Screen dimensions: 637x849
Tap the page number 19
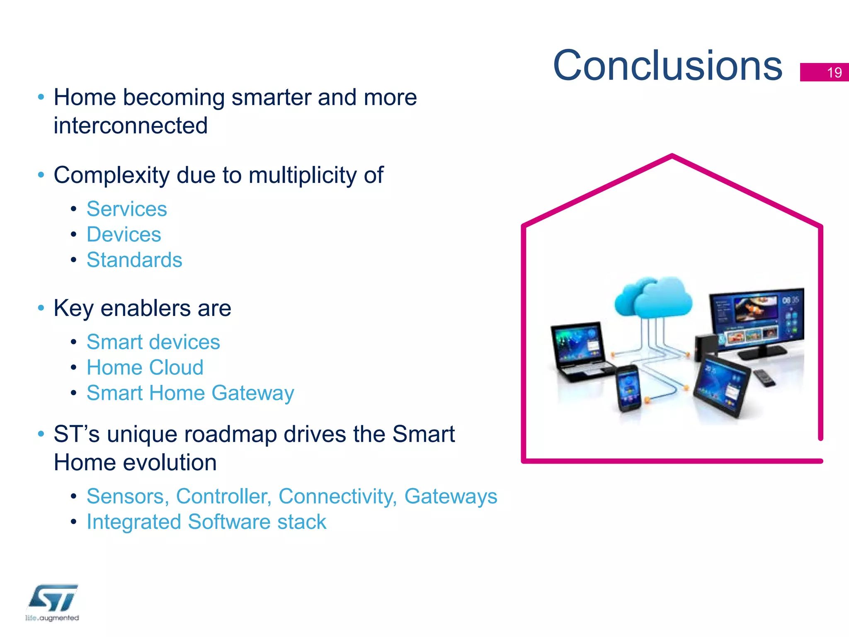pyautogui.click(x=834, y=73)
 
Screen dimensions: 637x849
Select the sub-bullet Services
pyautogui.click(x=126, y=209)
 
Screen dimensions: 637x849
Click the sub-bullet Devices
pyautogui.click(x=124, y=234)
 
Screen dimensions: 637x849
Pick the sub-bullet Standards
pyautogui.click(x=134, y=260)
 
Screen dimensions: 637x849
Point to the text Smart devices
pyautogui.click(x=153, y=342)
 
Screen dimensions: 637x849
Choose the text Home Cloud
pyautogui.click(x=145, y=367)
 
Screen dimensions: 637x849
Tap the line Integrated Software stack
pyautogui.click(x=206, y=522)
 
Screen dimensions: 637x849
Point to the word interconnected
pyautogui.click(x=131, y=126)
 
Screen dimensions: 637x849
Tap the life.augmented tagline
pyautogui.click(x=52, y=618)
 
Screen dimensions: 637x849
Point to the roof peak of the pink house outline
pyautogui.click(x=672, y=156)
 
